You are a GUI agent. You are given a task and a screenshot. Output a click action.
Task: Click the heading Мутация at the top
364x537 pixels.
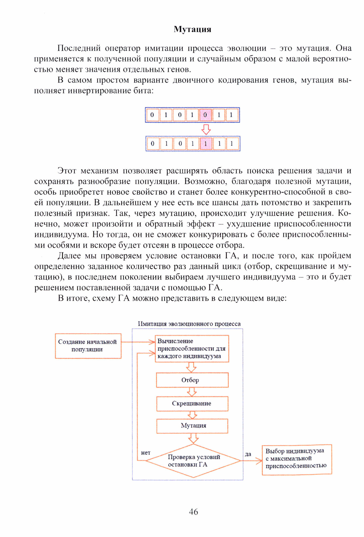192,29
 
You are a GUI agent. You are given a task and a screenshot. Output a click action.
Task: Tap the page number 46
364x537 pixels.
193,511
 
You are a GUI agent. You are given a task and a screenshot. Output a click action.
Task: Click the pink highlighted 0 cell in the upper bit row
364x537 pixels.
205,115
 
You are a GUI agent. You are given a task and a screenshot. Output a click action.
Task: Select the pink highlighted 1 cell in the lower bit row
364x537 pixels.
206,144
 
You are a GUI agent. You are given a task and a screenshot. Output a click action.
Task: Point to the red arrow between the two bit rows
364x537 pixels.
206,129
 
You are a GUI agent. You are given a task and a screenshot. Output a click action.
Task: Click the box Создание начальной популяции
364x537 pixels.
88,346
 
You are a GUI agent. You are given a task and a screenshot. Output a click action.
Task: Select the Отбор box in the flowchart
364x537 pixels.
192,380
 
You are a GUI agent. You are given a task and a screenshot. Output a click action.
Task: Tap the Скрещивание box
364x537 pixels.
192,403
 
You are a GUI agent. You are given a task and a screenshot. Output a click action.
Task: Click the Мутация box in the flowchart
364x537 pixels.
192,426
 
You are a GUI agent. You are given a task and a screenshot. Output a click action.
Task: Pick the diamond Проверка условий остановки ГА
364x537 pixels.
193,461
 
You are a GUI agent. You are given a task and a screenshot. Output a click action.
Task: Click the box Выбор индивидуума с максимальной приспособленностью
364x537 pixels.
296,460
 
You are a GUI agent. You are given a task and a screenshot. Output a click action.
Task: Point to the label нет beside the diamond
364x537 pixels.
146,453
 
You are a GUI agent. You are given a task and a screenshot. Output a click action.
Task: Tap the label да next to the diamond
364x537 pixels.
248,454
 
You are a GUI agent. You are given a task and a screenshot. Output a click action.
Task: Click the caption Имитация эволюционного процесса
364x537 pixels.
189,324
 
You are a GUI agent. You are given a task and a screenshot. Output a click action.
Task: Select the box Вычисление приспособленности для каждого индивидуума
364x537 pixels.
192,349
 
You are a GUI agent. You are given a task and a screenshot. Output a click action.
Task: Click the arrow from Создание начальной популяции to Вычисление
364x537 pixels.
138,342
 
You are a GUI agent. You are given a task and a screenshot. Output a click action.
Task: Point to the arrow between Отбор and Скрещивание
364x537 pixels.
192,392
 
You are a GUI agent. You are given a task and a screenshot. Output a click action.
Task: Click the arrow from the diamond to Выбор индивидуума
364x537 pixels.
252,461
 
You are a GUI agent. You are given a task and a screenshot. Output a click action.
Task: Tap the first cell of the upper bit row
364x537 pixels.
152,115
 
